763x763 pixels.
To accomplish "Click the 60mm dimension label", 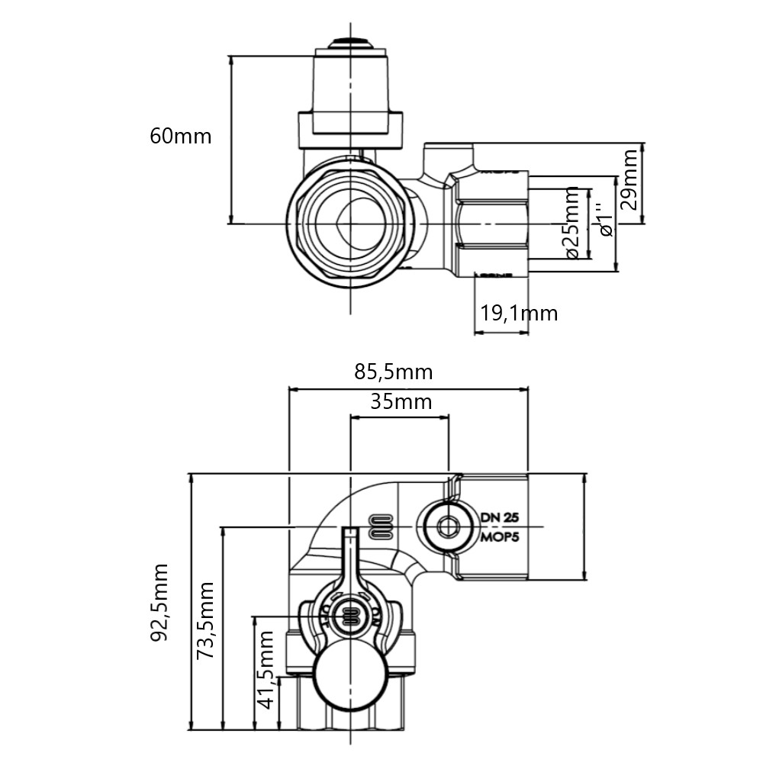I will [x=181, y=137].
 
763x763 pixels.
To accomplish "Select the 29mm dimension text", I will [x=630, y=182].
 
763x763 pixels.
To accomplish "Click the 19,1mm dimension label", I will [x=519, y=313].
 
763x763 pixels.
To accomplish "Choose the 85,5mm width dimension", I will [x=394, y=372].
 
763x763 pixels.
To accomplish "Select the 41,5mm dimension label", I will [x=266, y=669].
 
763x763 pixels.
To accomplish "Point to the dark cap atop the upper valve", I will [x=350, y=43].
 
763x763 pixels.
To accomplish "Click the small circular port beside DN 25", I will [x=447, y=526].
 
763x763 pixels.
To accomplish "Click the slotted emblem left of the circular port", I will [x=381, y=526].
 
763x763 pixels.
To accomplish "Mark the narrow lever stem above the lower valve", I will [x=350, y=557].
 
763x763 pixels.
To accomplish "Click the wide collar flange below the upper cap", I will [x=350, y=130].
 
